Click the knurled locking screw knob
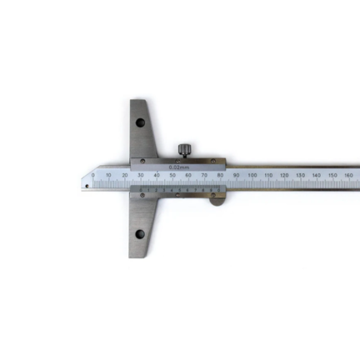pos(182,150)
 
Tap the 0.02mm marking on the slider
pos(178,166)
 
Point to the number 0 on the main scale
pos(92,175)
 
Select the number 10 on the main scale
pos(108,175)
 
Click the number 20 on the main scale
pos(124,175)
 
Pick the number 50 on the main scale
pos(172,175)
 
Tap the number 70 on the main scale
pos(204,175)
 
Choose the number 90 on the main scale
pos(236,175)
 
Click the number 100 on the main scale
pos(252,175)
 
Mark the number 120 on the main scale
pos(284,175)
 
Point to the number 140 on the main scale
pos(316,175)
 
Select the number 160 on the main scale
pos(347,175)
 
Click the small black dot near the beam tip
pos(87,185)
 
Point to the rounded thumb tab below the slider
pos(216,198)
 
